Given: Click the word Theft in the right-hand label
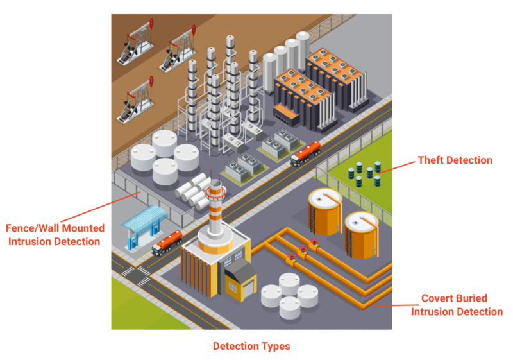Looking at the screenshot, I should tap(432, 160).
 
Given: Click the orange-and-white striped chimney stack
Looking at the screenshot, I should tap(215, 205).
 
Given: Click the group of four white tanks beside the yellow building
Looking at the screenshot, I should tap(289, 294).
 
